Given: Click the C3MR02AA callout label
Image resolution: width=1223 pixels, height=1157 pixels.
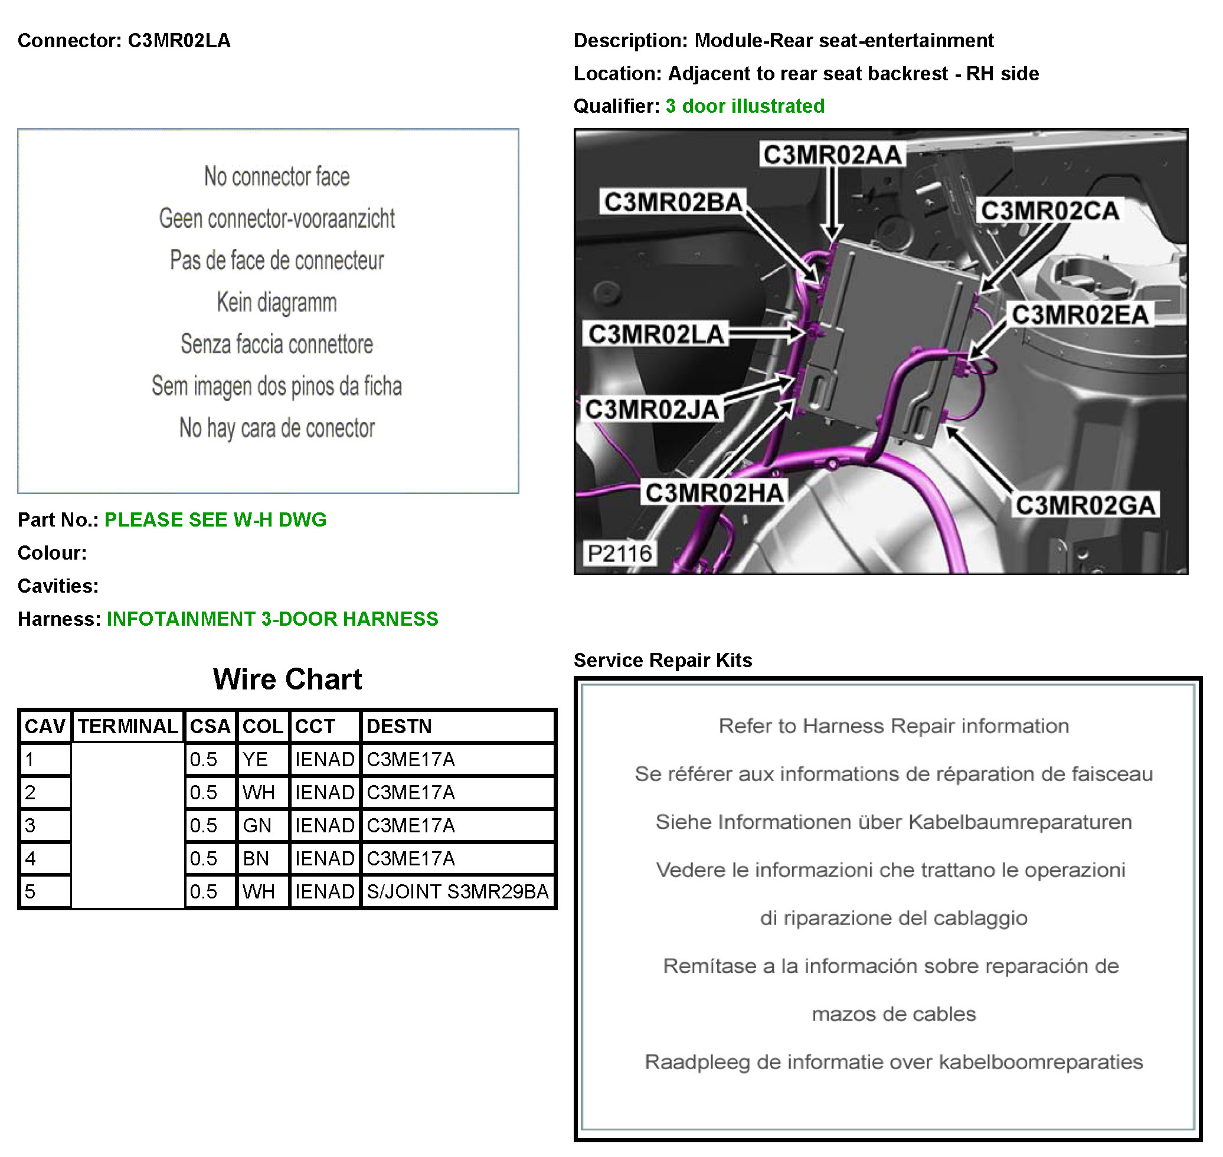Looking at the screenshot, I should coord(832,155).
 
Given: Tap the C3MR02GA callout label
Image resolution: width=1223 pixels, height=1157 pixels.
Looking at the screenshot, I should coord(1085,505).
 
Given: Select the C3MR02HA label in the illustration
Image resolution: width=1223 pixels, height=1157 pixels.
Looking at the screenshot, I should coord(714,493).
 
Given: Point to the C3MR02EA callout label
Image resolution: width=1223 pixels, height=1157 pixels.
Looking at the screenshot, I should coord(1080,315).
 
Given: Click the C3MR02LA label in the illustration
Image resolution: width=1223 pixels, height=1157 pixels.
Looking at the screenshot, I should coord(656,334).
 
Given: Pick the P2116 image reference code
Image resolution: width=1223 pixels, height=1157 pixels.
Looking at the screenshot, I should coord(619,553).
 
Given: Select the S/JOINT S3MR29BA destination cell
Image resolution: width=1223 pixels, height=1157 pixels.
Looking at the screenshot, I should coord(457,891).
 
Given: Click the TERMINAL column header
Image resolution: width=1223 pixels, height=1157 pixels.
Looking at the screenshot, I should coord(127,726).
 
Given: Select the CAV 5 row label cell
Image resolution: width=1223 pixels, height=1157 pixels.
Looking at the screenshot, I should coord(44,891).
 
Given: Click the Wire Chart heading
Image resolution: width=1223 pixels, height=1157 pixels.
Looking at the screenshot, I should coord(287,679).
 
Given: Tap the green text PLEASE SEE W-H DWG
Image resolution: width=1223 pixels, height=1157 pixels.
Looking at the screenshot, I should coord(215,519).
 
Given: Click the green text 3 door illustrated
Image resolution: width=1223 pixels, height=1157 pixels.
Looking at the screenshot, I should coord(744,106).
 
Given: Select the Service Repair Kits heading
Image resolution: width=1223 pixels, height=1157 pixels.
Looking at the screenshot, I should coord(662,660).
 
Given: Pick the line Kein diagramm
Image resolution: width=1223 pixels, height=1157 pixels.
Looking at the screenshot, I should coord(276,302).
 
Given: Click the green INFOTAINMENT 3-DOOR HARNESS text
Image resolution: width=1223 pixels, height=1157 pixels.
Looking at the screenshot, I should coord(272,619).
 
